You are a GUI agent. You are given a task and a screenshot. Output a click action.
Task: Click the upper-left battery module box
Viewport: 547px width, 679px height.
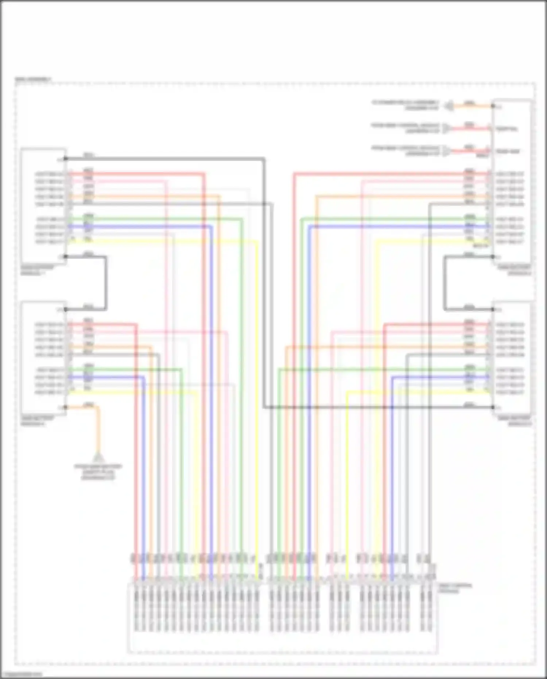[x=43, y=206]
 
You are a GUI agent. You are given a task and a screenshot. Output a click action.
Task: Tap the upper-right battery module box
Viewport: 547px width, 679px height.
[x=511, y=182]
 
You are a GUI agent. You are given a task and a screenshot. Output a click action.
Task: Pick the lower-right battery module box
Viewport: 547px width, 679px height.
[x=511, y=358]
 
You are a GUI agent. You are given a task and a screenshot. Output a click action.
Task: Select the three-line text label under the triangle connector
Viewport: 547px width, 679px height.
[x=98, y=472]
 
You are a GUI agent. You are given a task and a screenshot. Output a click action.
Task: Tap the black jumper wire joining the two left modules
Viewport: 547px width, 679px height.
[x=105, y=283]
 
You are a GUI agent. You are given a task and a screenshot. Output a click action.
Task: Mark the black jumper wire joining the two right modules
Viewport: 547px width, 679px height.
[x=445, y=283]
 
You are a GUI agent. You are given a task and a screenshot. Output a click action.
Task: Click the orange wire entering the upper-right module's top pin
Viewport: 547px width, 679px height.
[x=470, y=107]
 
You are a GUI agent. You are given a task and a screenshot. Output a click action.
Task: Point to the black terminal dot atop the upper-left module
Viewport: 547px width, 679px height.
[x=66, y=159]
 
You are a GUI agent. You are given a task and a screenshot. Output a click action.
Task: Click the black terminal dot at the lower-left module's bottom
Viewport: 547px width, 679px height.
[x=66, y=407]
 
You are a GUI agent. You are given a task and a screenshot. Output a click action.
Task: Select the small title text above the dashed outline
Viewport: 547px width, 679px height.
[x=33, y=79]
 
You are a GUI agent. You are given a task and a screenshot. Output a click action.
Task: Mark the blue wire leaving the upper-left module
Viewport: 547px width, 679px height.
[x=146, y=227]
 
